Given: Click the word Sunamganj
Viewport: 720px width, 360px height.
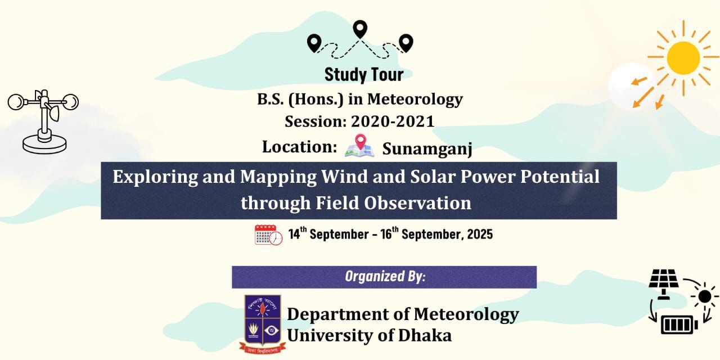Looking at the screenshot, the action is (427, 149).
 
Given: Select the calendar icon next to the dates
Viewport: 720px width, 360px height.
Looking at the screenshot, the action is (268, 235).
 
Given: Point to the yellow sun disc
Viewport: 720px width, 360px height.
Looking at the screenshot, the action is (683, 58).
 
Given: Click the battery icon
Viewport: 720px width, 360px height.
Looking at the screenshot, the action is (679, 325).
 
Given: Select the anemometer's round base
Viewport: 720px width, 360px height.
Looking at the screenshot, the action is (44, 145).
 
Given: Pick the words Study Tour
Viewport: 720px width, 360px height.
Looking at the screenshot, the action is (364, 75).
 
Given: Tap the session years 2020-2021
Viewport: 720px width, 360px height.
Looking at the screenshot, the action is (393, 121).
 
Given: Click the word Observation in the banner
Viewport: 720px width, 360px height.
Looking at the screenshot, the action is (417, 203).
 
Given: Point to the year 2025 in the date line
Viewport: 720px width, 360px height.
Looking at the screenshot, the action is (480, 235).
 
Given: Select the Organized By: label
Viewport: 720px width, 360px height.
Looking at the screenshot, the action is (385, 276).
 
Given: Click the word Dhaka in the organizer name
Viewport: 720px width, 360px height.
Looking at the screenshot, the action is (425, 335).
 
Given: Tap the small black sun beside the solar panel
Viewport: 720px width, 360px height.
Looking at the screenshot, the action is (705, 296).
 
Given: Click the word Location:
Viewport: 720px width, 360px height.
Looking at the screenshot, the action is (300, 147).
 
